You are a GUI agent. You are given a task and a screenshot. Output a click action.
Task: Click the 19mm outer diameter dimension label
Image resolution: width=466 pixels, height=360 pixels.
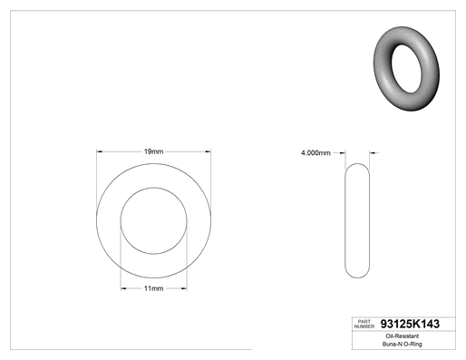click(153, 151)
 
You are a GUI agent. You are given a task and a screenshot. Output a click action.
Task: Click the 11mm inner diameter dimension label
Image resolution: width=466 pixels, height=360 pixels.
click(153, 288)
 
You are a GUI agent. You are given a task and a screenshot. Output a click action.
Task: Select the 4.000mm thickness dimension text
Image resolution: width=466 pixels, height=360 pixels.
click(316, 153)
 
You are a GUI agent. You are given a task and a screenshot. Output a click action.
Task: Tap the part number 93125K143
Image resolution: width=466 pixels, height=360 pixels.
click(410, 324)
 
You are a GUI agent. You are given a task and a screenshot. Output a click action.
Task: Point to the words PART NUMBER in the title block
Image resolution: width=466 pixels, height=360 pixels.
click(364, 324)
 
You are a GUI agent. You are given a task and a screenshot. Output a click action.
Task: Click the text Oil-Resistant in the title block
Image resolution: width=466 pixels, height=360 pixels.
click(403, 336)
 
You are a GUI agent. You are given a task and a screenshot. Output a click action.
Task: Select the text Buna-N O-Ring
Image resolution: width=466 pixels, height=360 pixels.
click(403, 344)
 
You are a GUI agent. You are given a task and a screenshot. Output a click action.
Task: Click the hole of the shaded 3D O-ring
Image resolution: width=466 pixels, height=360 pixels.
click(406, 69)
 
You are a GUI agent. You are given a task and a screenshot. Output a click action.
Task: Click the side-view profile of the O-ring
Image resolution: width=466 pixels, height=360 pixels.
click(345, 220)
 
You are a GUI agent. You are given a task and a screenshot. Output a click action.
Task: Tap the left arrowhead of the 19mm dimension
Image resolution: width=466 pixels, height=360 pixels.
click(100, 151)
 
